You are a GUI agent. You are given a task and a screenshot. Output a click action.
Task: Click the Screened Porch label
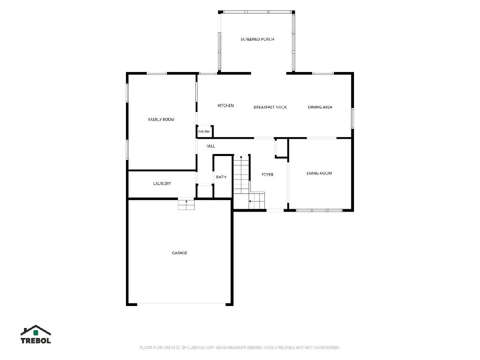click(x=257, y=39)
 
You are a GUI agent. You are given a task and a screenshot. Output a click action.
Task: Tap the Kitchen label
click(x=226, y=106)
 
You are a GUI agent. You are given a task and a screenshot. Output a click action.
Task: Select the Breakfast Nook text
click(x=270, y=107)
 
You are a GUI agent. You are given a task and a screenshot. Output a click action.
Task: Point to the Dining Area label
click(x=320, y=107)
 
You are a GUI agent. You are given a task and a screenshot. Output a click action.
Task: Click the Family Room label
click(x=161, y=120)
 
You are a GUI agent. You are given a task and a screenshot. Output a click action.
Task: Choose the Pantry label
click(x=204, y=132)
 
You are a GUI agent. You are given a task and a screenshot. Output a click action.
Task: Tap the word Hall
click(x=210, y=146)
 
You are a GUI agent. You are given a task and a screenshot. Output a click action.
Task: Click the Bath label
click(x=221, y=177)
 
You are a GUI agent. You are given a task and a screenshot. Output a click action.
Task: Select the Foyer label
click(x=267, y=175)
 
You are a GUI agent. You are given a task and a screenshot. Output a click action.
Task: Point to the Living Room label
click(x=319, y=173)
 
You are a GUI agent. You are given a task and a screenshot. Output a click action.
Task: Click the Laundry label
click(x=162, y=184)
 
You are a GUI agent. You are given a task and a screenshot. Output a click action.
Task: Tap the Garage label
click(x=179, y=253)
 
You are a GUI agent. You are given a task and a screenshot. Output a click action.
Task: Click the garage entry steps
click(x=186, y=204)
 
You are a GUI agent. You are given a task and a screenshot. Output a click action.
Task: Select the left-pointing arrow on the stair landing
click(x=252, y=201)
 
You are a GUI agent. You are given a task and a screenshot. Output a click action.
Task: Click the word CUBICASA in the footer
click(x=196, y=348)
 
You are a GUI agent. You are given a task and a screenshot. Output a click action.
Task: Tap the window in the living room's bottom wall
click(x=319, y=210)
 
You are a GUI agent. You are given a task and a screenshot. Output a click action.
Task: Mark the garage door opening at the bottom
click(x=181, y=304)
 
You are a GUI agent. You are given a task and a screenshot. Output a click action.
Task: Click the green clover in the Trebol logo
click(x=36, y=333)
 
